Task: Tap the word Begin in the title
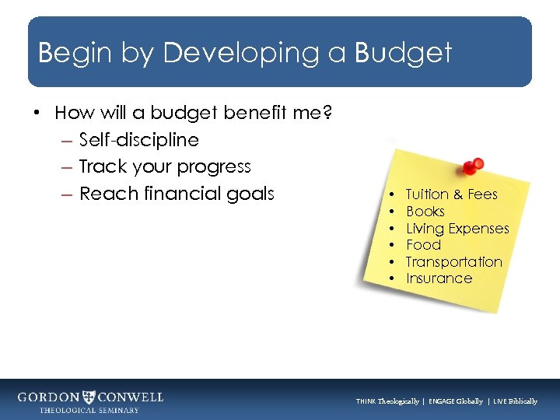click(71, 53)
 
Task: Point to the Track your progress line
click(165, 166)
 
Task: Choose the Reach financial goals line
click(177, 193)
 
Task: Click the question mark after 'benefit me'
click(328, 113)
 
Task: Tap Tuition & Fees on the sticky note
click(451, 194)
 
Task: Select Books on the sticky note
click(425, 212)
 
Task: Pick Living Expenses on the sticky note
click(457, 229)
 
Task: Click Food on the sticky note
click(423, 245)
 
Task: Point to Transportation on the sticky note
click(453, 262)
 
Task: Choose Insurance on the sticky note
click(439, 278)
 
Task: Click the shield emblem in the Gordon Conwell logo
click(91, 397)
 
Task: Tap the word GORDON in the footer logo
click(49, 397)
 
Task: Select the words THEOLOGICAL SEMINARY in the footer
click(89, 411)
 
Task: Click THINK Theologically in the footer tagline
click(387, 401)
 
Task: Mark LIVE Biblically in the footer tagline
click(514, 401)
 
